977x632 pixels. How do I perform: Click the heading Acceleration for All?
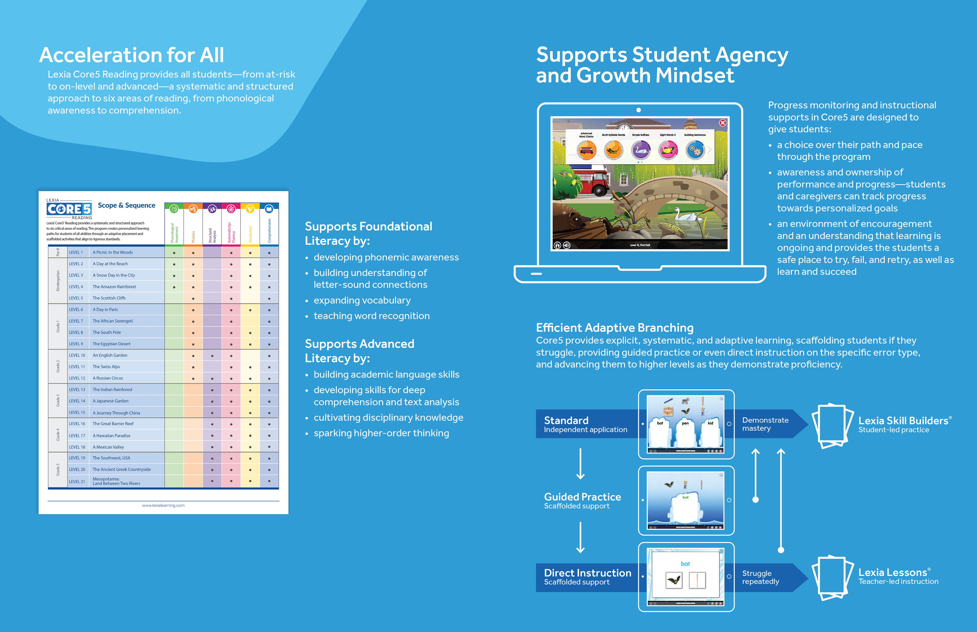(x=131, y=55)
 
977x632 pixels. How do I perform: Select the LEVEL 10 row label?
(x=77, y=355)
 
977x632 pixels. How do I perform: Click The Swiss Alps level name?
(x=106, y=367)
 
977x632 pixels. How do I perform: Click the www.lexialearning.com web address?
(x=163, y=506)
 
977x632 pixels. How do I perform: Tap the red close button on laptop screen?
(x=723, y=123)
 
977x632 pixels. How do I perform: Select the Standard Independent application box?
(x=586, y=424)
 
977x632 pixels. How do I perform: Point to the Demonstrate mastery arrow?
(x=766, y=424)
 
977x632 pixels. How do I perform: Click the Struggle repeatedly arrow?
(x=766, y=577)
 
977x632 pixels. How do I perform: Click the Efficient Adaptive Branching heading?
(x=614, y=328)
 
